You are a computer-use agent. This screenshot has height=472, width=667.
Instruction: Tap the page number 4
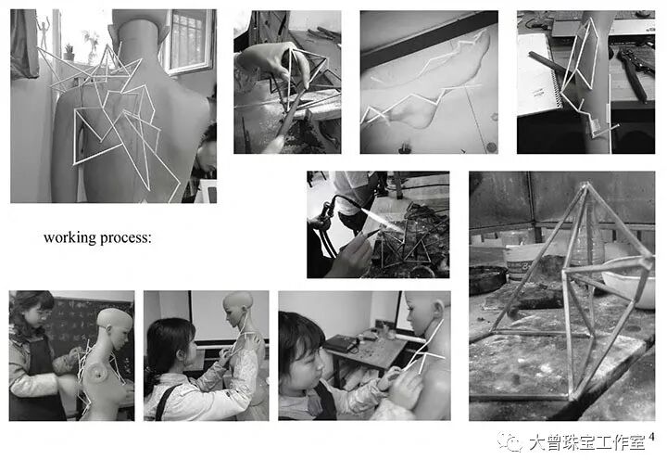click(651, 436)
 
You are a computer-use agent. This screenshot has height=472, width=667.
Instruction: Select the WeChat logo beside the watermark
click(510, 442)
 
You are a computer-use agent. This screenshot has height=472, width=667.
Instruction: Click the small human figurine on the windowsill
click(43, 32)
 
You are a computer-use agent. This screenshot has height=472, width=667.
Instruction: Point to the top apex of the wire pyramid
click(585, 184)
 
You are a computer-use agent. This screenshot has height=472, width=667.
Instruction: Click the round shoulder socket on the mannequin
click(100, 374)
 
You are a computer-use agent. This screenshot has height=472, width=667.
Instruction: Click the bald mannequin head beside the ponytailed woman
click(239, 309)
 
